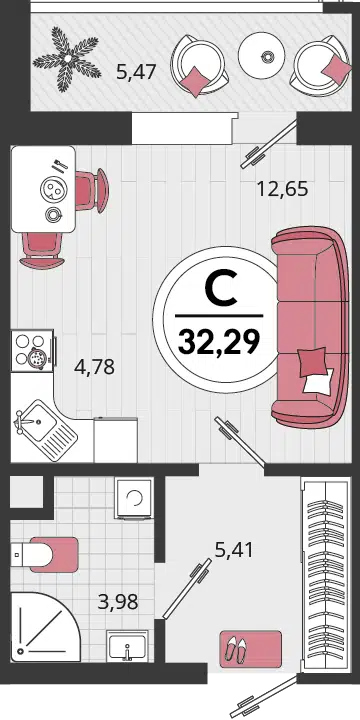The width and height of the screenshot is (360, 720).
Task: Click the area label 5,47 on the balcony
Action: point(136,72)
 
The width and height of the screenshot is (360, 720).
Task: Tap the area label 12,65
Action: point(282,189)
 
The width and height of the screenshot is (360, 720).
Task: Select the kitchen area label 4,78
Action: point(94,367)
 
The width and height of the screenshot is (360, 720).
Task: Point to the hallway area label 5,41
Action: point(234,549)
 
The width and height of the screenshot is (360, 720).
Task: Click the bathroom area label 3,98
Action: point(118,601)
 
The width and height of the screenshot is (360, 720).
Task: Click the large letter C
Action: point(220,289)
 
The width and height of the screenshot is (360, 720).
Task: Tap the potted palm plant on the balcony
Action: point(68,58)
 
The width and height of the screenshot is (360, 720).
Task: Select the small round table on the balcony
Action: point(262,55)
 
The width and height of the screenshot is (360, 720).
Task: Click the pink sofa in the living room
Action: point(309,328)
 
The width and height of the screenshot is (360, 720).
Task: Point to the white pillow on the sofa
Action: point(319,381)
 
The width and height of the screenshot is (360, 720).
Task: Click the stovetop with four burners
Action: point(33,351)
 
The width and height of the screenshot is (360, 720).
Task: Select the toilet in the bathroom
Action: point(44,555)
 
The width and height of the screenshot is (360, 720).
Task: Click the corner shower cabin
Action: point(45,626)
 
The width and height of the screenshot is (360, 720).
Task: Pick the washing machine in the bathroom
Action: point(134,498)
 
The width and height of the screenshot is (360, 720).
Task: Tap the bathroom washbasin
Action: point(127,646)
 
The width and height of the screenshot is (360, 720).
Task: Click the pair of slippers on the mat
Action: point(237,649)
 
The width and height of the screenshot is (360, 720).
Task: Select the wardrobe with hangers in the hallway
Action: point(325,574)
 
